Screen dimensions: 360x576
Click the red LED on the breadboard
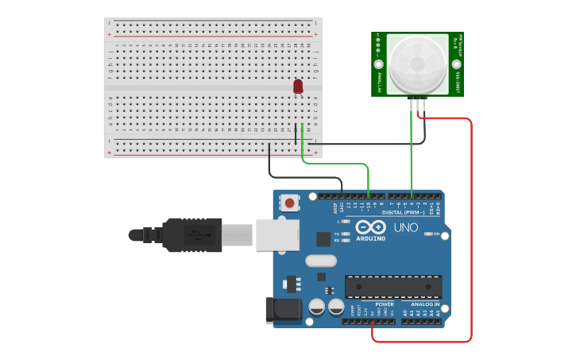(x=298, y=86)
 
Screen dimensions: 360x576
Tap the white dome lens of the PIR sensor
(x=417, y=64)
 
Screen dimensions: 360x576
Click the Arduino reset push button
(x=290, y=203)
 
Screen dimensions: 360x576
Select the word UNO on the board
(x=406, y=227)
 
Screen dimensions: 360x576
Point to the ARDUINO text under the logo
(x=370, y=238)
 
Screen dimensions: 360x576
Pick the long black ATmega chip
(x=392, y=287)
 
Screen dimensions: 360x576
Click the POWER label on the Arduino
(x=385, y=304)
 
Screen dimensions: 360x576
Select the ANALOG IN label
(x=425, y=304)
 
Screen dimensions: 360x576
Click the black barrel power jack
(x=283, y=309)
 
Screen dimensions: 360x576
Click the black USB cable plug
(x=191, y=235)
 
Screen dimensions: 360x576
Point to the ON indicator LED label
(x=436, y=233)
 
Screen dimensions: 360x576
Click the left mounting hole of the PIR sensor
(x=379, y=64)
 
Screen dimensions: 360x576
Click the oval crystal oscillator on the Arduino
(x=321, y=261)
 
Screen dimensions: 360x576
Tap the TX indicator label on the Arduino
(x=338, y=234)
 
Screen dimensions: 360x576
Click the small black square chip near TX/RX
(x=323, y=238)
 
